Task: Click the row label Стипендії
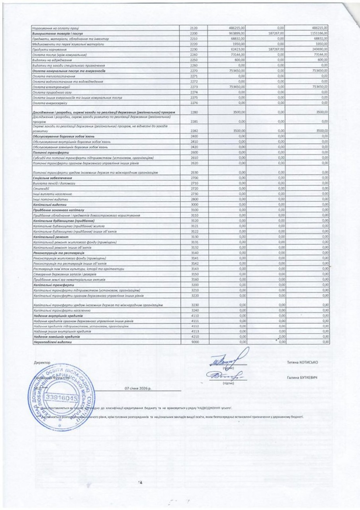[x=41, y=188]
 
